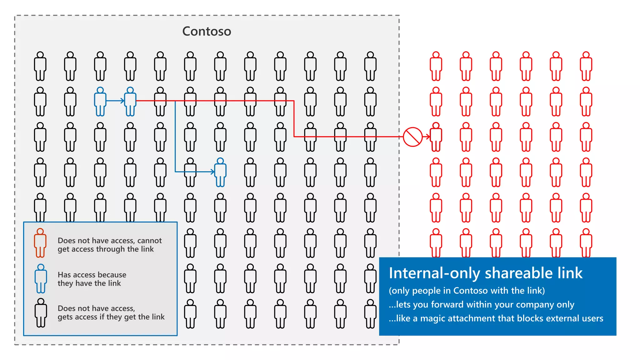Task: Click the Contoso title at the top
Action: (207, 31)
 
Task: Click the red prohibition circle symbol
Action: (412, 137)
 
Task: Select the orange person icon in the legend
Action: (40, 243)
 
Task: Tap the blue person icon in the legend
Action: (41, 278)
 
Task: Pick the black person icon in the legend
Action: (41, 312)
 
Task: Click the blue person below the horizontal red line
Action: (220, 172)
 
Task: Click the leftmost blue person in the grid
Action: (100, 102)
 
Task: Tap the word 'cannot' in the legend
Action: (150, 241)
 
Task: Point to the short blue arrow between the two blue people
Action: (115, 101)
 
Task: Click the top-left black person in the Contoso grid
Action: (40, 66)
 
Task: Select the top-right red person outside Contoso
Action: (586, 66)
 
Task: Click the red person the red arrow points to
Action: (436, 137)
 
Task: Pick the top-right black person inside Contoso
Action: (370, 66)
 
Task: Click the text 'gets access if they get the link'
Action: (111, 317)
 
